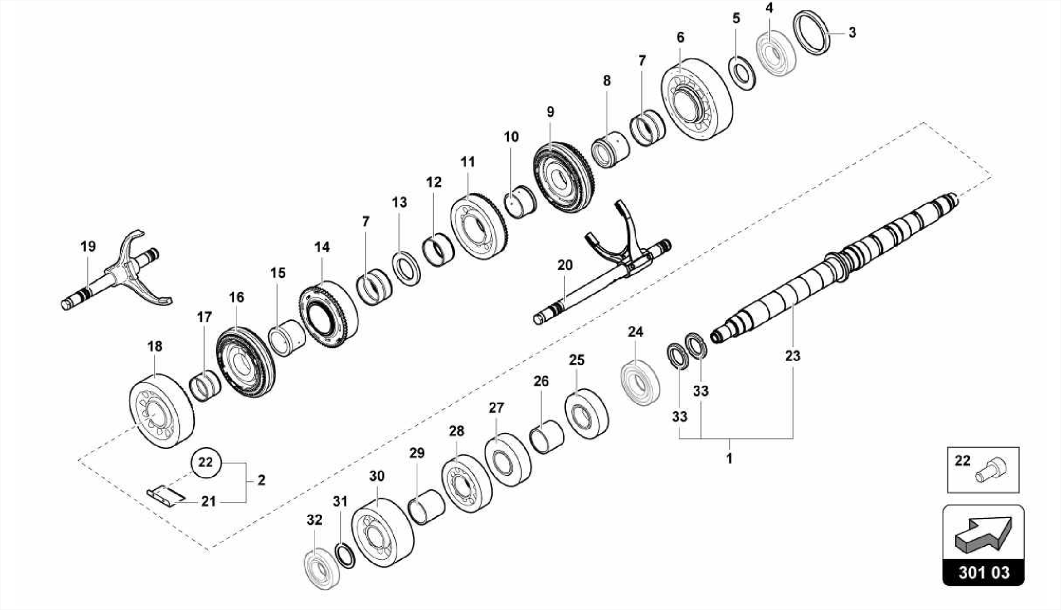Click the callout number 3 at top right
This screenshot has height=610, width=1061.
pos(852,33)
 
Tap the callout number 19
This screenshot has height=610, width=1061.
pos(88,246)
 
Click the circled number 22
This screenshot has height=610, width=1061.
pos(206,462)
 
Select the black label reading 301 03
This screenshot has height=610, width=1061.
pos(983,573)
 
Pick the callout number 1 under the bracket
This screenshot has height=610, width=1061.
pos(729,459)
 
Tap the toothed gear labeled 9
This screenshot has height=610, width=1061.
pos(564,177)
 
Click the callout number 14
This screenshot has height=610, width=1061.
pos(322,247)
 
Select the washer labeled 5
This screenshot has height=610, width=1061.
pos(742,73)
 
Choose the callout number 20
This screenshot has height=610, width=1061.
pos(565,265)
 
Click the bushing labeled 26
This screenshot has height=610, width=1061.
pos(547,437)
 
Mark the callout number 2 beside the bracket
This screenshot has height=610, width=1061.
pos(261,480)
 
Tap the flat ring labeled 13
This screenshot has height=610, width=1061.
pos(407,268)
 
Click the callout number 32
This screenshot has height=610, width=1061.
pos(314,520)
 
